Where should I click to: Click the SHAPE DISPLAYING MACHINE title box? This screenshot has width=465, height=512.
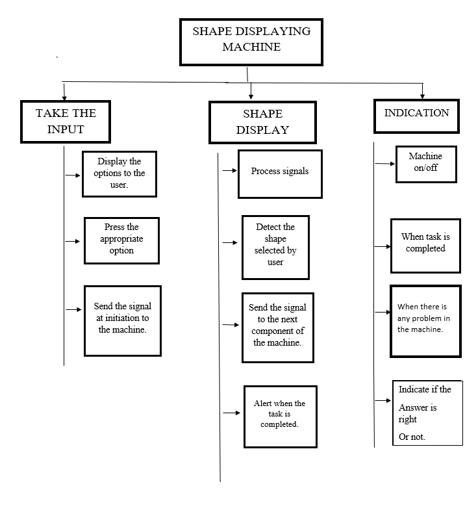[x=251, y=42]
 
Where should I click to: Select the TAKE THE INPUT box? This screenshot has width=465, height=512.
[x=66, y=122]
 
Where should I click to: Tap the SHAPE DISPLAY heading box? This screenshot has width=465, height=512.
[x=262, y=122]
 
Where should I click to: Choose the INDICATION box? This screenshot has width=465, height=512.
[x=416, y=116]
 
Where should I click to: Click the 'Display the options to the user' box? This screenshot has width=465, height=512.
[x=119, y=174]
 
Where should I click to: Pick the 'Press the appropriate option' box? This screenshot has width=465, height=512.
[x=121, y=240]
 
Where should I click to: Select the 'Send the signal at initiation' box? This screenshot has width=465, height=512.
[x=123, y=321]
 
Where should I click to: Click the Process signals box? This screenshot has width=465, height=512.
[x=280, y=174]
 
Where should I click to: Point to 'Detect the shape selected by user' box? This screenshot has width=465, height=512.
[x=275, y=248]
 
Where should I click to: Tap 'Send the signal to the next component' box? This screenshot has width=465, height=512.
[x=278, y=328]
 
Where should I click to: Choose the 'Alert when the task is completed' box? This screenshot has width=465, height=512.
[x=281, y=416]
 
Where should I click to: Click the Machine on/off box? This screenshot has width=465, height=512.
[x=426, y=164]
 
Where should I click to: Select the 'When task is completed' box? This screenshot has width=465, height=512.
[x=425, y=246]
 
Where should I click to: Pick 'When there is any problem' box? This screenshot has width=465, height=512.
[x=425, y=322]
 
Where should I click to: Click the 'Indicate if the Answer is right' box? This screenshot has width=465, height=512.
[x=427, y=413]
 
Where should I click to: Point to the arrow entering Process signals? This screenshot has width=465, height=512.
[x=230, y=170]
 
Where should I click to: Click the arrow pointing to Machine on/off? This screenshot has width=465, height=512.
[x=385, y=164]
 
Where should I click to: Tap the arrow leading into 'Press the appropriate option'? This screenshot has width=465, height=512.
[x=73, y=241]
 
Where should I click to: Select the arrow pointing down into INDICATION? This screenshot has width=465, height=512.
[x=423, y=91]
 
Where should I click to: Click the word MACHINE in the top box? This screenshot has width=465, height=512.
[x=251, y=47]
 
